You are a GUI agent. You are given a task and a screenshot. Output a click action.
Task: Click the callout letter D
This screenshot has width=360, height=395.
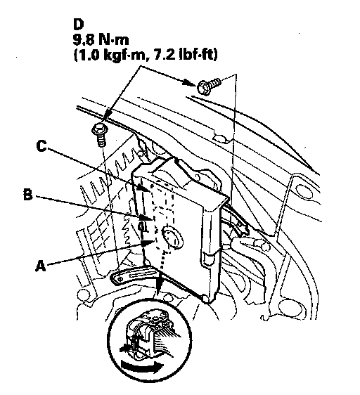click(78, 25)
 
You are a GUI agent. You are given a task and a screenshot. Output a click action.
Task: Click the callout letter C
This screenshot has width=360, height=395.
click(41, 146)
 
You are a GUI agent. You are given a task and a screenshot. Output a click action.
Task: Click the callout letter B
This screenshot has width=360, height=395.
click(28, 195)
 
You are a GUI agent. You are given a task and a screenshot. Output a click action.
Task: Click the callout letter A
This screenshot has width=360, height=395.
click(41, 266)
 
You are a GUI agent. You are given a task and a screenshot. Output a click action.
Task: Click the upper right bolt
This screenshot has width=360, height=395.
click(209, 85)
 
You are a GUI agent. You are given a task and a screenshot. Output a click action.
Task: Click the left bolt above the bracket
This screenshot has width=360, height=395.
click(100, 134)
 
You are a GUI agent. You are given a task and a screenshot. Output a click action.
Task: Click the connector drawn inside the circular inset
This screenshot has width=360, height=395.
click(149, 333)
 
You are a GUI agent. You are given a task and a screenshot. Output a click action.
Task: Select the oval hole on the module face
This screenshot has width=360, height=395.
click(172, 235)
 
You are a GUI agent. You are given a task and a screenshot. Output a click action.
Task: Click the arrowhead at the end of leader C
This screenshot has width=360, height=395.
click(145, 188)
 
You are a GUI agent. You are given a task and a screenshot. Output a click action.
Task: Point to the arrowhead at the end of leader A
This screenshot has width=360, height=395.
click(147, 242)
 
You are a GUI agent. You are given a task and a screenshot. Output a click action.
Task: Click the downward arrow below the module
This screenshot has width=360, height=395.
click(158, 285)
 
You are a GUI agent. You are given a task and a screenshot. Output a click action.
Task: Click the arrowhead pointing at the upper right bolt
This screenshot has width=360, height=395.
click(190, 82)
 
